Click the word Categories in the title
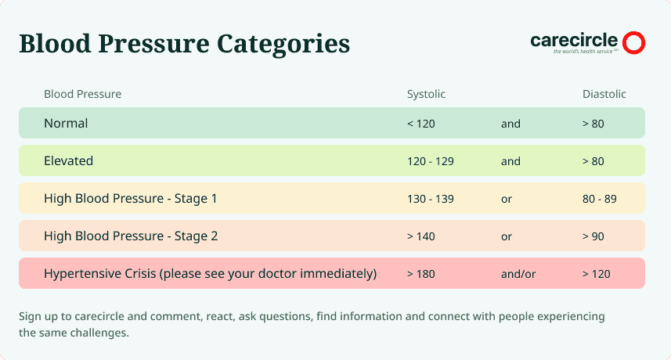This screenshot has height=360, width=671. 283,45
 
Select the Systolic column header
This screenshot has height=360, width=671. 426,94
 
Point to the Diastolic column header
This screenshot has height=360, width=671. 604,94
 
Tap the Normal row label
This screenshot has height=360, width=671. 66,123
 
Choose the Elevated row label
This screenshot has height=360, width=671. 68,160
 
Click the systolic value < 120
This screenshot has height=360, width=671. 420,124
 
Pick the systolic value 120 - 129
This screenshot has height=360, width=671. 430,161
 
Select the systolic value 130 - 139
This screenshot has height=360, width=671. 430,199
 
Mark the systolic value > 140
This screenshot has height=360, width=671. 420,236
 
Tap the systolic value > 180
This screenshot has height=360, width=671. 420,274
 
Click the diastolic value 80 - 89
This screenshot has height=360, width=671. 599,199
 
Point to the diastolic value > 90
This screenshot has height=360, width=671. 593,236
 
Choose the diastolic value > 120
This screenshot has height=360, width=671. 596,274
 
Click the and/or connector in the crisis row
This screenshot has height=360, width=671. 518,274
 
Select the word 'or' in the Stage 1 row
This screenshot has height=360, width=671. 507,200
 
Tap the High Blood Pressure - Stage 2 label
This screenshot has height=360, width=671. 131,236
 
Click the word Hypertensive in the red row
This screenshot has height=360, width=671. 78,274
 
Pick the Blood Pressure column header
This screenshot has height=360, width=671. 82,94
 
